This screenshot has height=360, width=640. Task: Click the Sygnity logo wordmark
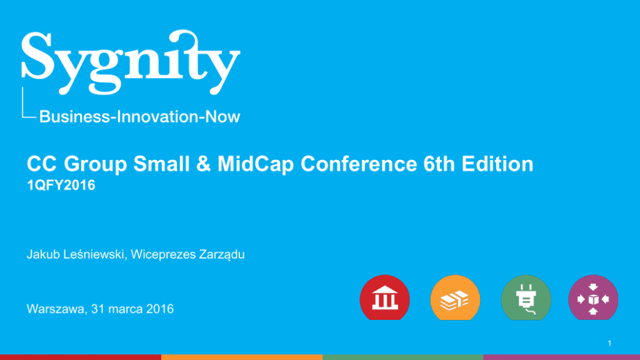coord(130,62)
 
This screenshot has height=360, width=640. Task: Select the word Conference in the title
coord(359,164)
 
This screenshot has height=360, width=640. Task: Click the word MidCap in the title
coord(255,164)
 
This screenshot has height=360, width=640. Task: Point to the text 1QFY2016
coord(61,185)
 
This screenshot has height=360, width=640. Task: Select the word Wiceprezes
coord(163,254)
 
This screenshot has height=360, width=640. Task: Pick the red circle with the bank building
coord(385,297)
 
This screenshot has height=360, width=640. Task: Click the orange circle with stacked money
coord(455,297)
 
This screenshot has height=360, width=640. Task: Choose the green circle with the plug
coord(526,297)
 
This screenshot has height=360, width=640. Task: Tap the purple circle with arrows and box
coord(593,297)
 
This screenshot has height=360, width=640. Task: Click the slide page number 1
coord(610,343)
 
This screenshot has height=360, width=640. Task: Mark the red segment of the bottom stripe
coord(81,357)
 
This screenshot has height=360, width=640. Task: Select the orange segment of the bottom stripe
coord(242,357)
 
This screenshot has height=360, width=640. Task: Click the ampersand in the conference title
coord(203,164)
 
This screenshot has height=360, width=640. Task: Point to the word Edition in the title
coord(497,164)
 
